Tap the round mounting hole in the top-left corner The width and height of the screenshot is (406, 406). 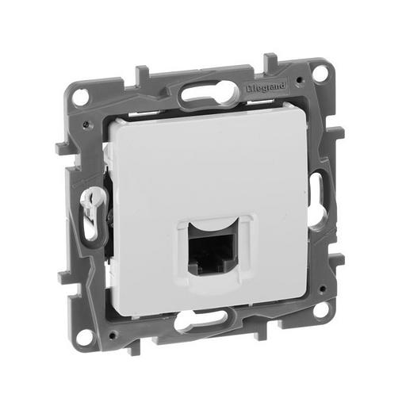click(x=82, y=97)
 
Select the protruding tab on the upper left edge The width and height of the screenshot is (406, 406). click(x=62, y=147)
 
